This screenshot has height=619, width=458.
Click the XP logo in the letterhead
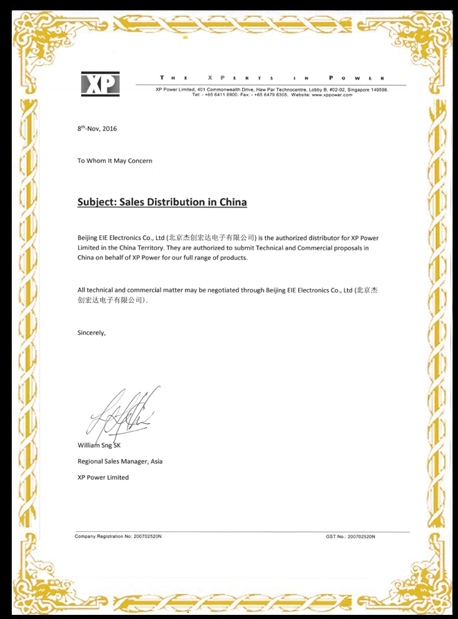(x=100, y=84)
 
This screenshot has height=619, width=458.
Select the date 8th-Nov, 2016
(x=97, y=129)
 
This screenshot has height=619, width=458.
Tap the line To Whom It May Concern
(x=115, y=160)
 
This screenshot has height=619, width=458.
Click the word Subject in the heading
(x=95, y=203)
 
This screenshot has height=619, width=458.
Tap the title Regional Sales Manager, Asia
(x=120, y=461)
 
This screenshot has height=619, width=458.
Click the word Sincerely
(x=91, y=332)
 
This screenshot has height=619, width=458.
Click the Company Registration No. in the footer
(x=118, y=536)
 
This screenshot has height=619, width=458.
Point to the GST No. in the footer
(x=350, y=536)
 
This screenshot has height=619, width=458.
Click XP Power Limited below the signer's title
(x=103, y=477)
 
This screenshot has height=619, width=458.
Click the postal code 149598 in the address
(x=379, y=90)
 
